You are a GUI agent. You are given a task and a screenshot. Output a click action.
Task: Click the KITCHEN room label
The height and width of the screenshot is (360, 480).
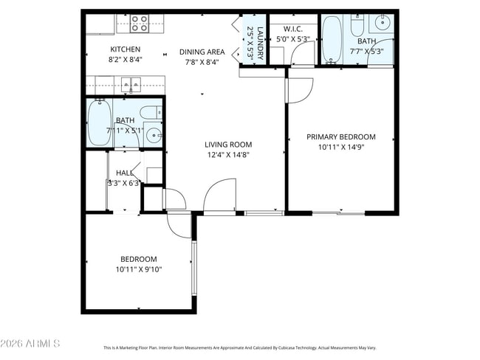pos(126,49)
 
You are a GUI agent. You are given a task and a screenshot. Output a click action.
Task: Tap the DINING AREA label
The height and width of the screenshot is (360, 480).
pos(202,52)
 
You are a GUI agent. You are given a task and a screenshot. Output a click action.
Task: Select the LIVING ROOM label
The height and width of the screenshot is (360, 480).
pos(228,145)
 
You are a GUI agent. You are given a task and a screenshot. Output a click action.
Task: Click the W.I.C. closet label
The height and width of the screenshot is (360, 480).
pos(285,30)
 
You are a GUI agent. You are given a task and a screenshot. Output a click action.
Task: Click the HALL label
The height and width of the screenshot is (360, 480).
pos(124,173)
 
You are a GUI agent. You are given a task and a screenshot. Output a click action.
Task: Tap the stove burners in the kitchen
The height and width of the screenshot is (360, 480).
pos(140,24)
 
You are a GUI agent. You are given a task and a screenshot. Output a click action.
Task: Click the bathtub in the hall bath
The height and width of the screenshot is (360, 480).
pos(100,122)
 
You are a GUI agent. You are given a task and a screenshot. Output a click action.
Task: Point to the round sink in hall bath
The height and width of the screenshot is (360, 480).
pos(154,135)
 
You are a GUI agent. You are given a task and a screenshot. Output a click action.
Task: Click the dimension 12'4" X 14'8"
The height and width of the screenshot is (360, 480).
pos(228,155)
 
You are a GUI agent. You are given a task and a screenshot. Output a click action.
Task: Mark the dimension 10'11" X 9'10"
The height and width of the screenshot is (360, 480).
pos(139,269)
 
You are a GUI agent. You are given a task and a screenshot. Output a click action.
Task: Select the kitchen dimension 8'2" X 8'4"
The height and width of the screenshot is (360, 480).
pos(126,60)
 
